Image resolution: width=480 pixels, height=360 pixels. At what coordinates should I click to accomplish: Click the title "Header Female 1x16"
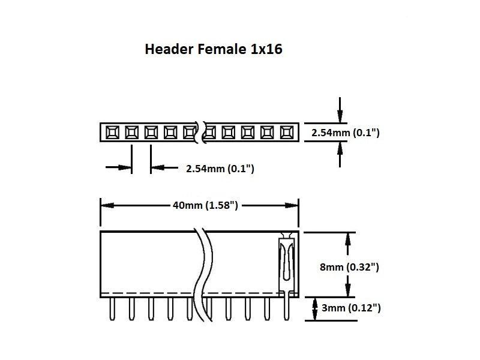pos(214,50)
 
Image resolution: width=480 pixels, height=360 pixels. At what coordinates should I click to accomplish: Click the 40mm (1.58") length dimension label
pos(206,206)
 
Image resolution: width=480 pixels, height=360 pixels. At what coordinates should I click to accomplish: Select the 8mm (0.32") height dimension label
pos(350,267)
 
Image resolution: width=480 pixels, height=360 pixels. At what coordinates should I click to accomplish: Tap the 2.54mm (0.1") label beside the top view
pos(346,133)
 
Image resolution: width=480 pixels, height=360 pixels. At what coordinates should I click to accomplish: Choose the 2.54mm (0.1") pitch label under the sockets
pos(220,169)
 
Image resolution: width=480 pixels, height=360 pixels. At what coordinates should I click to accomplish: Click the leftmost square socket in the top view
pos(112,131)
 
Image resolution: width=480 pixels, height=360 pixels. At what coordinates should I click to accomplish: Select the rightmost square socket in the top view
pos(287,131)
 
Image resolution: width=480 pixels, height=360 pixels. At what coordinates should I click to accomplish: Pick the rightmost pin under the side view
pos(287,308)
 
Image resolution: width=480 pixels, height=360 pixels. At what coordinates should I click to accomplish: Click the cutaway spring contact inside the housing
pos(287,261)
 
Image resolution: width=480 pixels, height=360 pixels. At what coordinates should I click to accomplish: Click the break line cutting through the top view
pos(201,131)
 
